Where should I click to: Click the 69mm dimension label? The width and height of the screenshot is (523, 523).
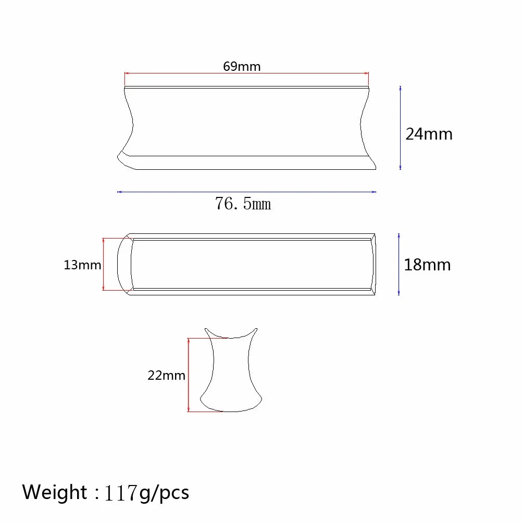pyautogui.click(x=242, y=66)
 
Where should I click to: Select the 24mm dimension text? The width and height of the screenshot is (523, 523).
pyautogui.click(x=429, y=134)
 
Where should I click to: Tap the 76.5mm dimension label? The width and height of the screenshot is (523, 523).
pyautogui.click(x=243, y=204)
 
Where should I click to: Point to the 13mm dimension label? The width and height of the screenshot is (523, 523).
pyautogui.click(x=82, y=265)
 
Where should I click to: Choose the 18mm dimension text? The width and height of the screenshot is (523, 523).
pyautogui.click(x=427, y=265)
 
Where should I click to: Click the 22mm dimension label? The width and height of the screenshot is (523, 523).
pyautogui.click(x=167, y=376)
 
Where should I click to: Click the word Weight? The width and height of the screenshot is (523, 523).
pyautogui.click(x=55, y=492)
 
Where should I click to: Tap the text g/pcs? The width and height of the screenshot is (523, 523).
pyautogui.click(x=164, y=493)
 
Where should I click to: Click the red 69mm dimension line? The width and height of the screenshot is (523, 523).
pyautogui.click(x=246, y=73)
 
